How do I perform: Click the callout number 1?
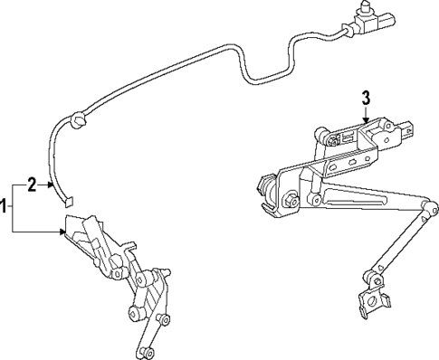[5, 207]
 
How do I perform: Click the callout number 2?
[31, 185]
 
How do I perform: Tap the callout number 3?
[367, 97]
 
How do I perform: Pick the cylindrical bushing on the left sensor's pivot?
[133, 313]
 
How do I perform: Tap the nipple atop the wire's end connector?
[366, 8]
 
